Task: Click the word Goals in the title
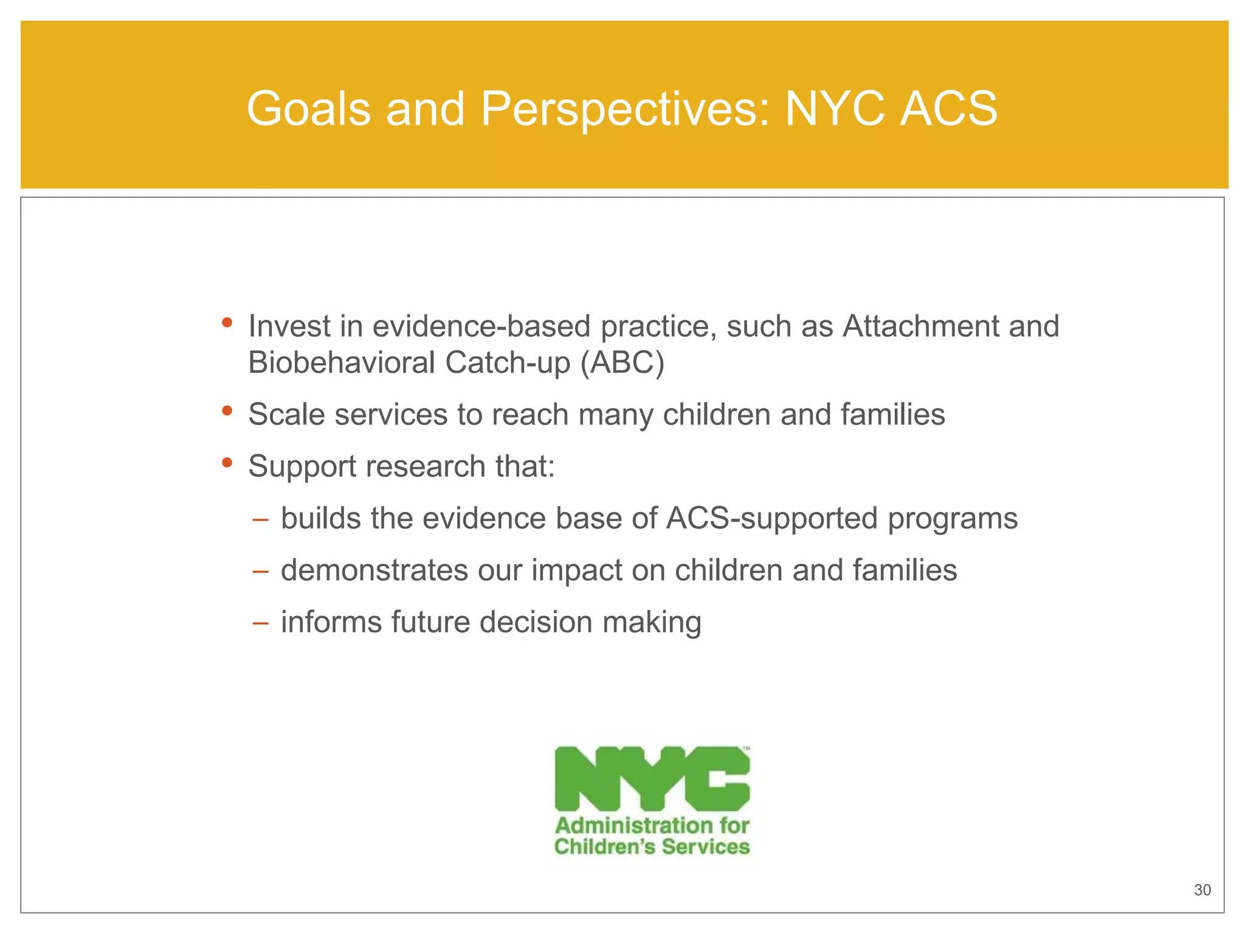point(308,109)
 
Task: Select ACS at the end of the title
point(948,109)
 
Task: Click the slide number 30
point(1202,890)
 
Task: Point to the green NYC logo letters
point(652,779)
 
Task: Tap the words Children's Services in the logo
point(652,847)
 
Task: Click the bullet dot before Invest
point(227,322)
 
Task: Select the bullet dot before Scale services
point(227,411)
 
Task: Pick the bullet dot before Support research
point(227,463)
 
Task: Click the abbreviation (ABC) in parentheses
point(622,363)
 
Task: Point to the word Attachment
point(920,327)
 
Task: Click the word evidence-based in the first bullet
point(481,327)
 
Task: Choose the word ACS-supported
point(772,519)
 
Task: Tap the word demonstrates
point(374,570)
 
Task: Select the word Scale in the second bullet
point(286,415)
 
